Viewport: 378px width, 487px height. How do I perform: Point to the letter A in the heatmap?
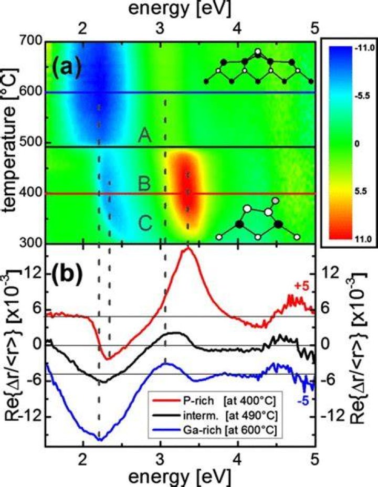point(145,135)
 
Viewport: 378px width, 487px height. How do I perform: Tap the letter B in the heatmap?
point(144,183)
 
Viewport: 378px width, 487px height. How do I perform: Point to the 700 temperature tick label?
point(31,41)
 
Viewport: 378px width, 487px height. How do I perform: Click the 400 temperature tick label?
point(31,193)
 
